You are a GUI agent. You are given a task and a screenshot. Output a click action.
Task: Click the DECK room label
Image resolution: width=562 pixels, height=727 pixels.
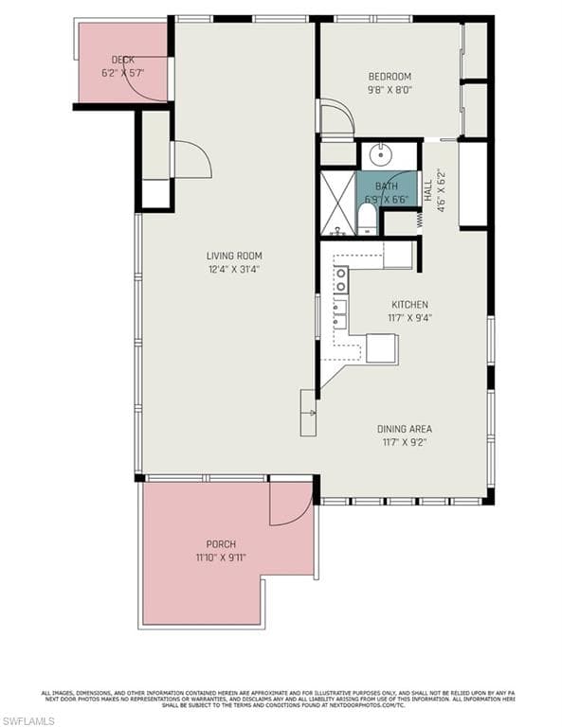coord(122,60)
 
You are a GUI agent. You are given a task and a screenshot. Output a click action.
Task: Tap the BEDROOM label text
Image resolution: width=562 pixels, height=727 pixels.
coord(390,77)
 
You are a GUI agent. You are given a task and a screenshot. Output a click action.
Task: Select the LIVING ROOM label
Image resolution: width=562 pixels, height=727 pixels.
coord(234,256)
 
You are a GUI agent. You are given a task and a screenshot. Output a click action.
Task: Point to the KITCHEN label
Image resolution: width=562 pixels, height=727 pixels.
coord(410,305)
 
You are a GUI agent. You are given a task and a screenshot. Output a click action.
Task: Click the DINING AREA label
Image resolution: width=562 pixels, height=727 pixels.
coord(405,429)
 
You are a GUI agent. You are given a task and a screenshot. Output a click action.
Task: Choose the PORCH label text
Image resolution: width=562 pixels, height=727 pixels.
coord(221,544)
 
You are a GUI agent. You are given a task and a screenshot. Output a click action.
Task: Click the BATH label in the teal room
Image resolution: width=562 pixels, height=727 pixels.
coord(386,186)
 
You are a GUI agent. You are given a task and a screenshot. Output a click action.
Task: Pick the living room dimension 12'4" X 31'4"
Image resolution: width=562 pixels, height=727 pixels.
coord(234,269)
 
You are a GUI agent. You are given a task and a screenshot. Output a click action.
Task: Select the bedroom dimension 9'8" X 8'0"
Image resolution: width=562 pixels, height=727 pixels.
coord(390,91)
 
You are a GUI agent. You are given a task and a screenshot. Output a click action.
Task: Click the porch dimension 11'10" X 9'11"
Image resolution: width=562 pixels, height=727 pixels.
coord(221,558)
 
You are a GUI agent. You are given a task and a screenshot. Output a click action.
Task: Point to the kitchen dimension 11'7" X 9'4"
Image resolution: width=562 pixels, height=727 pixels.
coord(410,318)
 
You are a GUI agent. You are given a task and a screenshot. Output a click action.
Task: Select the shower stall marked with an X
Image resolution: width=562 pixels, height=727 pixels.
coord(337,203)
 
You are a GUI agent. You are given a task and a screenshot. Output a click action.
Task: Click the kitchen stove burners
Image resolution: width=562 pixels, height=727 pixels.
coord(339,278)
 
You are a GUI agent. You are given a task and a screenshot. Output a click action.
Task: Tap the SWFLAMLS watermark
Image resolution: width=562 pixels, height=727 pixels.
coord(29,720)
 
